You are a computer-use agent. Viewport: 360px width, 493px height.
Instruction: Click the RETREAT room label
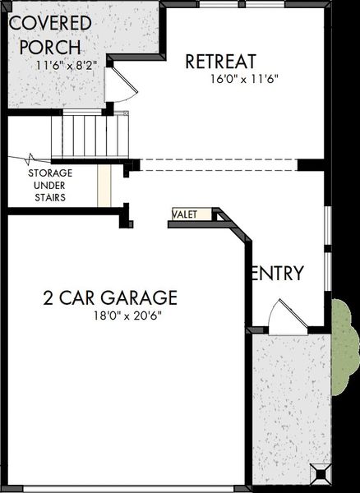coord(221,62)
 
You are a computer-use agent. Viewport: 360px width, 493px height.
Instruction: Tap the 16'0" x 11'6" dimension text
coord(244,79)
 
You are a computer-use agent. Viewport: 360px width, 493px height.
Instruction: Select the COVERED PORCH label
coord(50,35)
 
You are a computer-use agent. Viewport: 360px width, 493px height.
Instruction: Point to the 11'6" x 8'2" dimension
coord(66,66)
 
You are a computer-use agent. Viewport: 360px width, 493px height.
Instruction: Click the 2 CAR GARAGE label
coord(110,297)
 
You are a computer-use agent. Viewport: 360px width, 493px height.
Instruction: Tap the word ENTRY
coord(278,273)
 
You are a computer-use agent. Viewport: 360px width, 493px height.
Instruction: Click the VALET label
coord(185,214)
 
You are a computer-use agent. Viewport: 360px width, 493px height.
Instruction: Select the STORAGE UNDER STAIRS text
coord(50,185)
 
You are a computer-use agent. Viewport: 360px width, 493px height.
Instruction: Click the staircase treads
coord(90,136)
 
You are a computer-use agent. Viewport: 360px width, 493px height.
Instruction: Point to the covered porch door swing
coord(121,85)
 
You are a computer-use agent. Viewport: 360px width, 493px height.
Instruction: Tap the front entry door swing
coord(288,317)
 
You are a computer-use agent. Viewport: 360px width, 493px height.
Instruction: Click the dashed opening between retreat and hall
coord(219,165)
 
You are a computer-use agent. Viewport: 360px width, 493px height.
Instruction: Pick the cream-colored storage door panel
coord(104,186)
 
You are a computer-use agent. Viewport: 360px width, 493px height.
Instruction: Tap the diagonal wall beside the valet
coord(234,224)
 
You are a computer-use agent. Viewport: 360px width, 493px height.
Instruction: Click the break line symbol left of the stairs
coord(30,159)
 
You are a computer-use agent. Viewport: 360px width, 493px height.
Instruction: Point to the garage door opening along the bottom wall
coord(128,489)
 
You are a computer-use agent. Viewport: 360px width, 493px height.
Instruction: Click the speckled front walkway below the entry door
coord(291,408)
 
